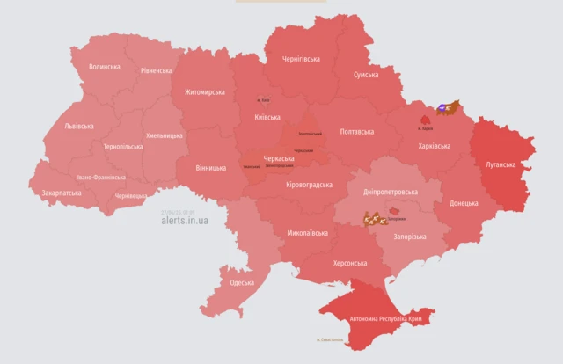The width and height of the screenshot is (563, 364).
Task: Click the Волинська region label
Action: (x=106, y=67)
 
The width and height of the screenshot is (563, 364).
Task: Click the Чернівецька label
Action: (x=132, y=195)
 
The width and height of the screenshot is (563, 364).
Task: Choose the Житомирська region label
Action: (x=204, y=91)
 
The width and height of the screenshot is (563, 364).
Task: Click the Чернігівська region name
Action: (x=300, y=59)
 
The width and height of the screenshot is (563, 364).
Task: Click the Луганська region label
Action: (x=503, y=164)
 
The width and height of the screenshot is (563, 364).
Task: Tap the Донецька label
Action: (x=464, y=203)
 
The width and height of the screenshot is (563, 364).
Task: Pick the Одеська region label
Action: (x=242, y=282)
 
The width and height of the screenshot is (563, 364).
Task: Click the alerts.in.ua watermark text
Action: (x=185, y=221)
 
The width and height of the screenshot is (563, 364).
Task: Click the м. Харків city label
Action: (x=426, y=128)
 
